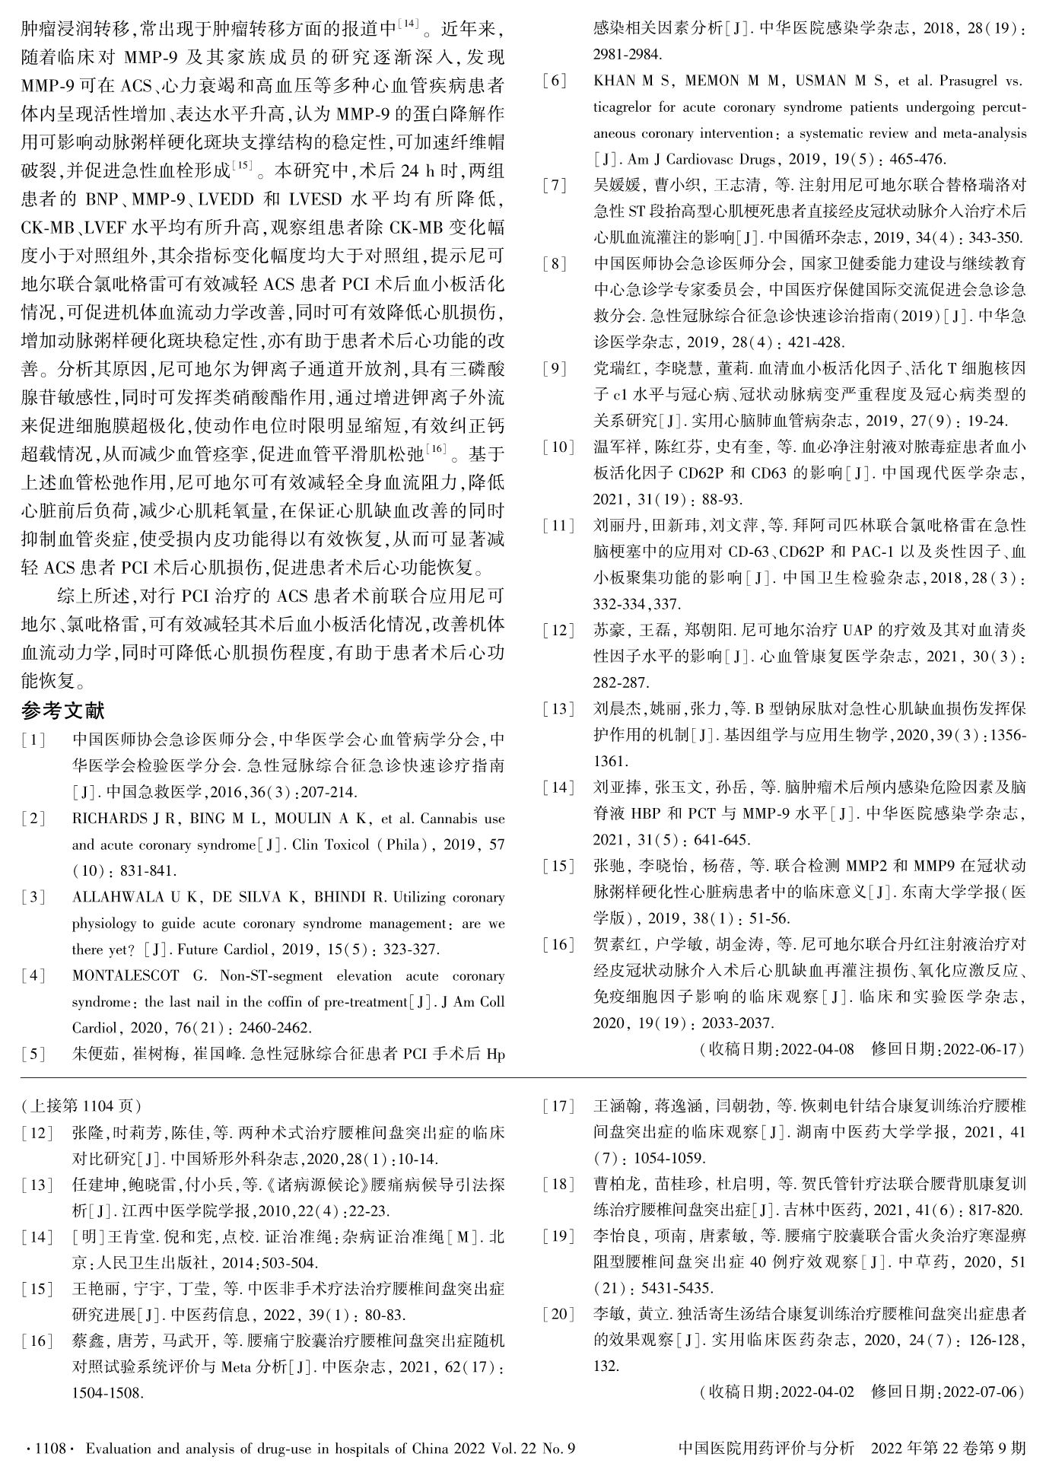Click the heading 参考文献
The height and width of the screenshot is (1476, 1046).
(62, 711)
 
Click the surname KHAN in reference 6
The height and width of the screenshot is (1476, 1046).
(613, 81)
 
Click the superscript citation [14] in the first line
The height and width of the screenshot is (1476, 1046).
(409, 24)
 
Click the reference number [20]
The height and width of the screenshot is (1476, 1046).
(559, 1313)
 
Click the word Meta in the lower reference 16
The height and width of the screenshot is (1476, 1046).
(237, 1366)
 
